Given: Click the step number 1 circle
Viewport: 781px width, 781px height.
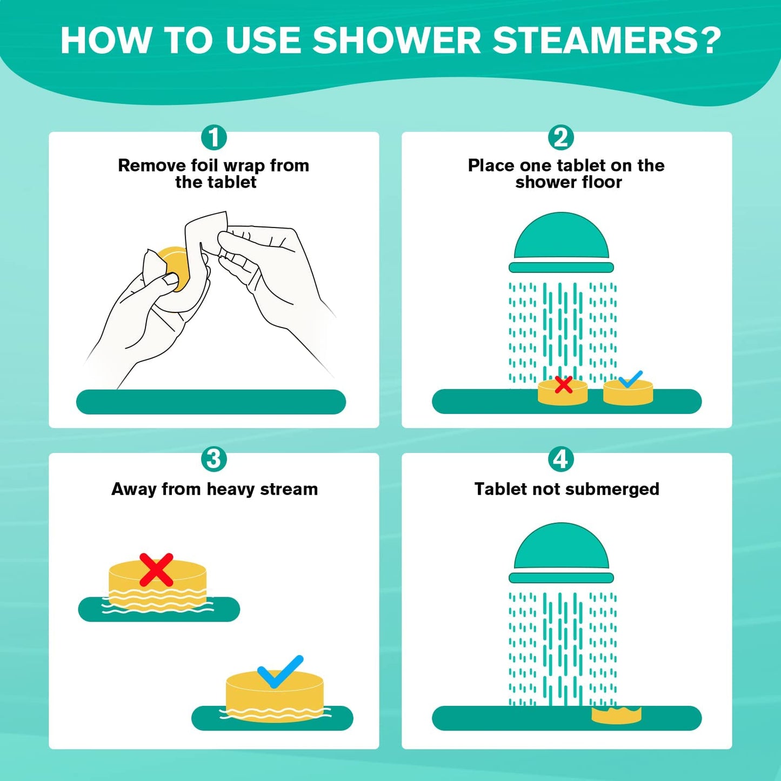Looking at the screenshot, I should pyautogui.click(x=214, y=137).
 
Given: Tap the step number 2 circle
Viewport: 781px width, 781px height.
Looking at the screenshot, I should pyautogui.click(x=561, y=137).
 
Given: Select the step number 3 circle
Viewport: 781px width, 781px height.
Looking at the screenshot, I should pyautogui.click(x=214, y=459).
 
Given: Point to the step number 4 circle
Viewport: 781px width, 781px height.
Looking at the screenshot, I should pyautogui.click(x=561, y=459).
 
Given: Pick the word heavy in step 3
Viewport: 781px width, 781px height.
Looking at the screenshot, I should pyautogui.click(x=231, y=489).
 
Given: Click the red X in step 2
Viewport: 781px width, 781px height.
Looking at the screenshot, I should pyautogui.click(x=564, y=385).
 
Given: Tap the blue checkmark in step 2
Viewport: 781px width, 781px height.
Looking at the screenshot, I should pyautogui.click(x=630, y=379).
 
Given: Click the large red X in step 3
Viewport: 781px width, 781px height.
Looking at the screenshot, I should pyautogui.click(x=156, y=570).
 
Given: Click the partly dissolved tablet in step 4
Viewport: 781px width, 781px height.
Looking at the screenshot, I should pyautogui.click(x=616, y=715).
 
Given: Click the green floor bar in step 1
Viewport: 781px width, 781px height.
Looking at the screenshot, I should pyautogui.click(x=211, y=402).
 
